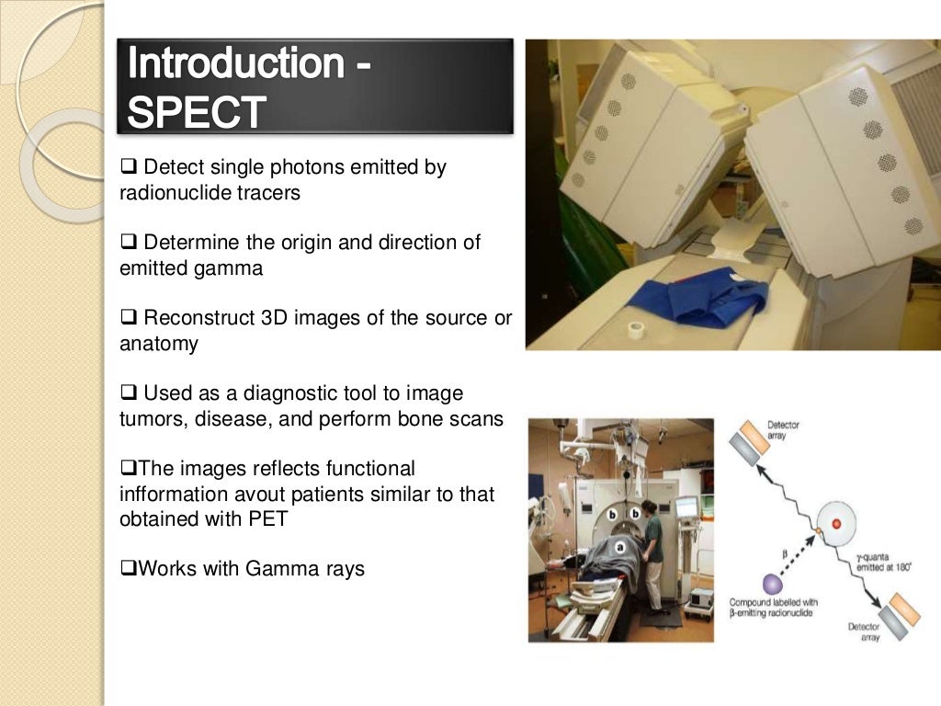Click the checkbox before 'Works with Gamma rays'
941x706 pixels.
[x=127, y=569]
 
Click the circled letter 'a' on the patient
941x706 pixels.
[x=619, y=544]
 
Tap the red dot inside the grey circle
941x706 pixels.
[x=835, y=524]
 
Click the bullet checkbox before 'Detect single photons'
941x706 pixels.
[x=127, y=168]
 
